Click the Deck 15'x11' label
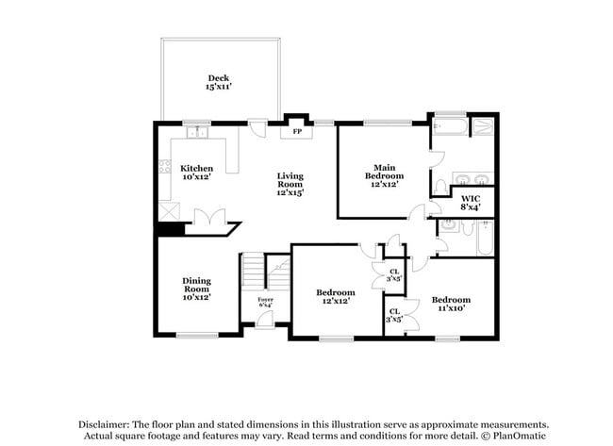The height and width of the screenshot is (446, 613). (218, 82)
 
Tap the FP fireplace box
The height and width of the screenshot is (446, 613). (297, 131)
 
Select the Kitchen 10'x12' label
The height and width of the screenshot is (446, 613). (197, 173)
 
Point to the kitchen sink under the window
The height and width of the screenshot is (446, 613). (196, 131)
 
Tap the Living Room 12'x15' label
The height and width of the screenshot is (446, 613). (290, 184)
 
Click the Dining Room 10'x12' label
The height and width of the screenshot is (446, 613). (196, 289)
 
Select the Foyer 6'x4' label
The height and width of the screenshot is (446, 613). (265, 302)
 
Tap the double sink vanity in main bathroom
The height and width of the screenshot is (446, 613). (469, 179)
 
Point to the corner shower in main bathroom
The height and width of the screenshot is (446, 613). (483, 127)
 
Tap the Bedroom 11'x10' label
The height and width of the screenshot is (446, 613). (451, 304)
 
